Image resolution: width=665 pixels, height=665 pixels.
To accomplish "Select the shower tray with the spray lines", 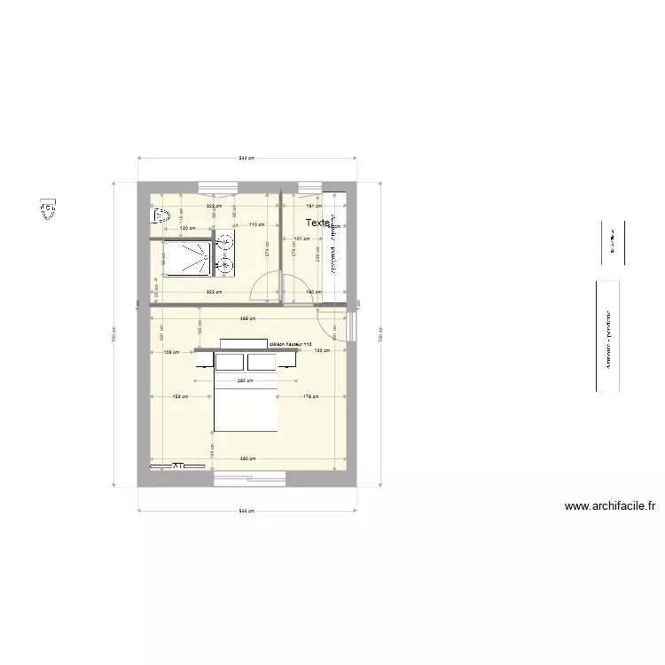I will [x=185, y=257].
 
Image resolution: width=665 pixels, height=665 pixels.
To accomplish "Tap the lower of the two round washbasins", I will [x=224, y=263].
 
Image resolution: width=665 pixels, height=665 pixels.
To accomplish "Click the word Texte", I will [x=317, y=223].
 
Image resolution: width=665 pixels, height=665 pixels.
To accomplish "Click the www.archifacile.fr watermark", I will [x=610, y=507].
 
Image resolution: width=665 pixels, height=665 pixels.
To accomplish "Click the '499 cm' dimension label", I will [x=247, y=318].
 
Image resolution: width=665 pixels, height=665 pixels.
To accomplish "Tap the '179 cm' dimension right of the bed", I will [x=310, y=397].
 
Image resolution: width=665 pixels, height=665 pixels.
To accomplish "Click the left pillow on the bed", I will [x=230, y=361].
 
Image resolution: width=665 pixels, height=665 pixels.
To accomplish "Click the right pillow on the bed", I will [x=262, y=361].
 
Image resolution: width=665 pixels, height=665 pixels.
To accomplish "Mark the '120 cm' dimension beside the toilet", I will [x=187, y=229].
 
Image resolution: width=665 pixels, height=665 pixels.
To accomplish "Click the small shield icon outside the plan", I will [x=47, y=208].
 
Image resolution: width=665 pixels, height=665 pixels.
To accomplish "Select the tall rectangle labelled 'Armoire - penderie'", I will [x=607, y=337].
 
